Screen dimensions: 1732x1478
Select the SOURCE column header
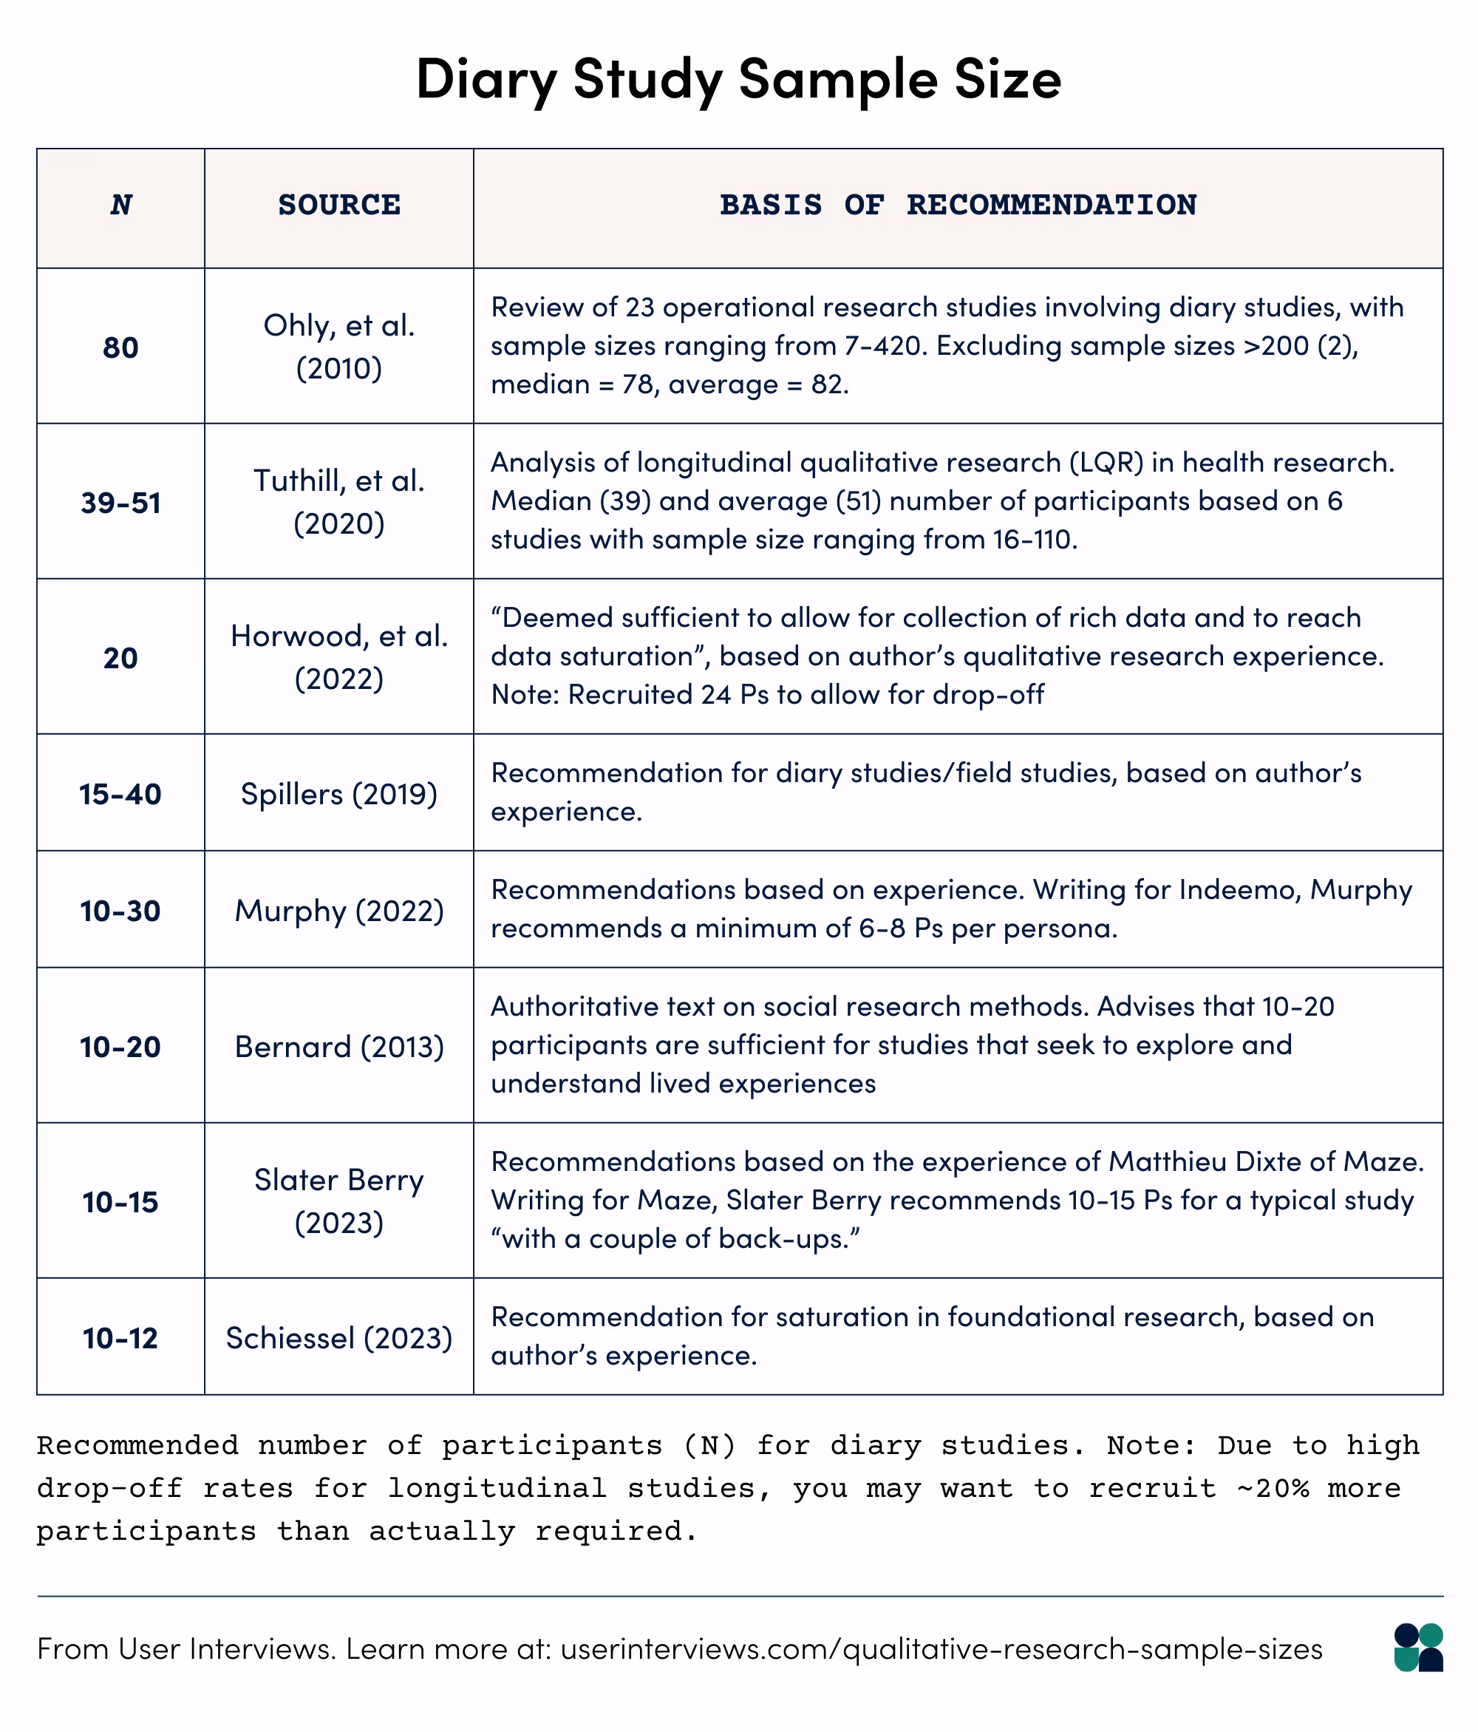pos(339,205)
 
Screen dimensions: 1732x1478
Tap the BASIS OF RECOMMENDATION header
pos(958,205)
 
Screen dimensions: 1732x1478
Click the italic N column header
pos(121,205)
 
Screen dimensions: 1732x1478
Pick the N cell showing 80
pos(121,347)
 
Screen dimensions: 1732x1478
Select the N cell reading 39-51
pos(121,503)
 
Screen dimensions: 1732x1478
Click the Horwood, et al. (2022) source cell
pos(339,657)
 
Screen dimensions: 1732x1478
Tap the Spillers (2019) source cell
pos(339,793)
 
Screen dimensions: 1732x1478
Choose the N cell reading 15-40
pos(121,793)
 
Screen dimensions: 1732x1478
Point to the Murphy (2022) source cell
pos(339,910)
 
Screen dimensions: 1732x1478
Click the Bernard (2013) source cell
pos(339,1047)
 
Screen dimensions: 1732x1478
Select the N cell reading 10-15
pos(121,1202)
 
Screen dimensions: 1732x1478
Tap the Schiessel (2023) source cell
pos(339,1338)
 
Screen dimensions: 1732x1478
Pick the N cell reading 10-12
pos(121,1338)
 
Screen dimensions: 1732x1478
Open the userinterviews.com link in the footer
pos(941,1649)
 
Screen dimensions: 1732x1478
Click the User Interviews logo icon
pos(1418,1648)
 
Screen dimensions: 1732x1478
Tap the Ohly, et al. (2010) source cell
pos(339,347)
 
